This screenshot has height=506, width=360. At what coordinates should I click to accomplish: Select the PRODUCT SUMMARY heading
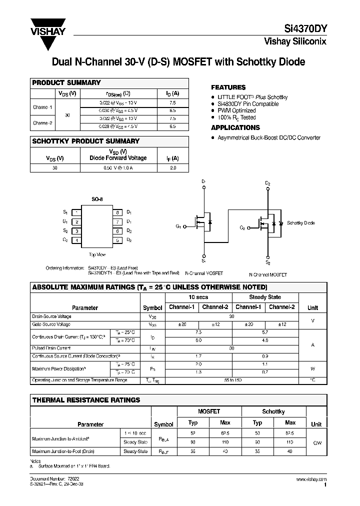(66, 83)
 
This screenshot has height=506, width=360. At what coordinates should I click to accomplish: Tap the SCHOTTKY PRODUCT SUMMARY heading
(85, 141)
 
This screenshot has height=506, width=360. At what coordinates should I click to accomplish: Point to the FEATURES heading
(228, 87)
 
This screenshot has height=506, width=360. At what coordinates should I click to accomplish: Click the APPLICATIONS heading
(235, 128)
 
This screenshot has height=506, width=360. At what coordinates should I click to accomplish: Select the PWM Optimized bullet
(236, 110)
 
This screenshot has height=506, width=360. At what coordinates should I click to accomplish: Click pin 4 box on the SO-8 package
(76, 240)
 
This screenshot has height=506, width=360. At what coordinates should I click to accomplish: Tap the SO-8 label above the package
(97, 199)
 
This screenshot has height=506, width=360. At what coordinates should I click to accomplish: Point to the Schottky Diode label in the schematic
(301, 223)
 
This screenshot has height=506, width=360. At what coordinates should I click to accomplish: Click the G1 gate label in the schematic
(178, 226)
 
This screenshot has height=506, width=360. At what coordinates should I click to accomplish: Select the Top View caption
(97, 255)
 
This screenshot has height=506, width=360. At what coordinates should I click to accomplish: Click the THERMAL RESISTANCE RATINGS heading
(86, 400)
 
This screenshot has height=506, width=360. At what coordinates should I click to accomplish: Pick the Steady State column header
(265, 297)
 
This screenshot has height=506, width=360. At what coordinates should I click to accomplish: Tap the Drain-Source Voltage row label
(51, 316)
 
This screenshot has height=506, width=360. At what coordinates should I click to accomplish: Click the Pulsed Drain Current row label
(51, 348)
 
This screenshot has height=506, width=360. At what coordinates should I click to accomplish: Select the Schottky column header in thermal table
(273, 411)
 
